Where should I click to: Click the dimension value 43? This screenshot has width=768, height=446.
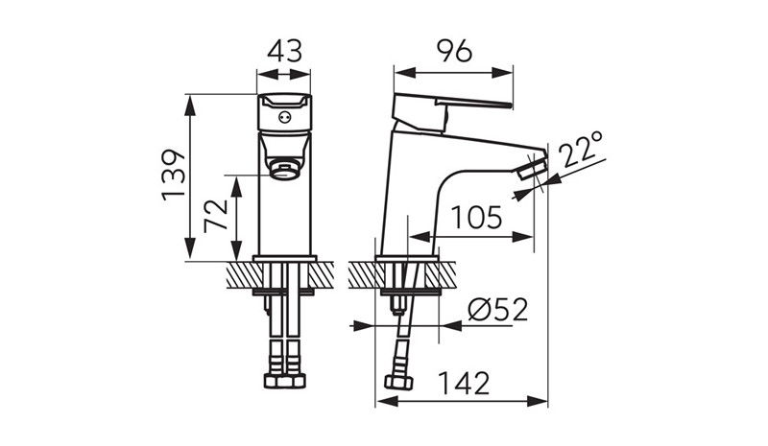click(285, 51)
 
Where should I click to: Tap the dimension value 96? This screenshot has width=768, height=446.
click(454, 51)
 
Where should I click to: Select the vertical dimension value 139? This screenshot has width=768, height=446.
click(174, 175)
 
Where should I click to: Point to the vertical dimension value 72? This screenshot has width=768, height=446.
click(217, 215)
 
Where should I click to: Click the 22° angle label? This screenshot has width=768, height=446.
click(583, 149)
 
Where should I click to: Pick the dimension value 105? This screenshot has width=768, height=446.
click(476, 218)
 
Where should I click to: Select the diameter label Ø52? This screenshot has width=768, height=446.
click(498, 310)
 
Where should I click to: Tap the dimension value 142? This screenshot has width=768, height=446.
click(464, 384)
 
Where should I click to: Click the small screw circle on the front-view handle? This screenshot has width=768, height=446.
click(284, 118)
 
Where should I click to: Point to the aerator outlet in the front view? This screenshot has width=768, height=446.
click(285, 172)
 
